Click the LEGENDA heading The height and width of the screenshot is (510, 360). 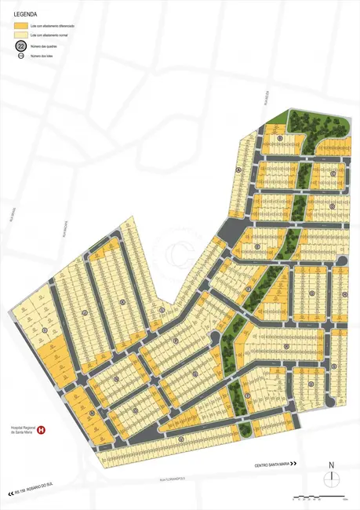click(x=27, y=13)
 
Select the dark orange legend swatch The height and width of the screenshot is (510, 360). click(x=20, y=27)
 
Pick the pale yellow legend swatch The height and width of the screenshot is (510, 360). click(x=20, y=36)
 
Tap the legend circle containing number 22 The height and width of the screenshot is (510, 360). click(x=20, y=47)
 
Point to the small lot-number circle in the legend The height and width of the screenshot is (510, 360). click(x=20, y=56)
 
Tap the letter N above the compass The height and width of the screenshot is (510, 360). click(x=332, y=464)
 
